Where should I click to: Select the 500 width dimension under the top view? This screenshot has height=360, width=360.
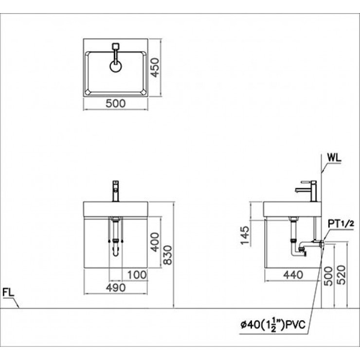[x=115, y=104]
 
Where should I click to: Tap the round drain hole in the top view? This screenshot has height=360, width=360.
[x=115, y=67]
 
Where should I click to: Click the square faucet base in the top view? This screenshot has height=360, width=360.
[x=115, y=46]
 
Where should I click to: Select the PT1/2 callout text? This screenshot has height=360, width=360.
[x=340, y=223]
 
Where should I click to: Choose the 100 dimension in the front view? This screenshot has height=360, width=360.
[x=137, y=275]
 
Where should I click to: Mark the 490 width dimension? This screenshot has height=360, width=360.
[x=115, y=288]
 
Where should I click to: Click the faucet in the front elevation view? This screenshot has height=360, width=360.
[x=115, y=191]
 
